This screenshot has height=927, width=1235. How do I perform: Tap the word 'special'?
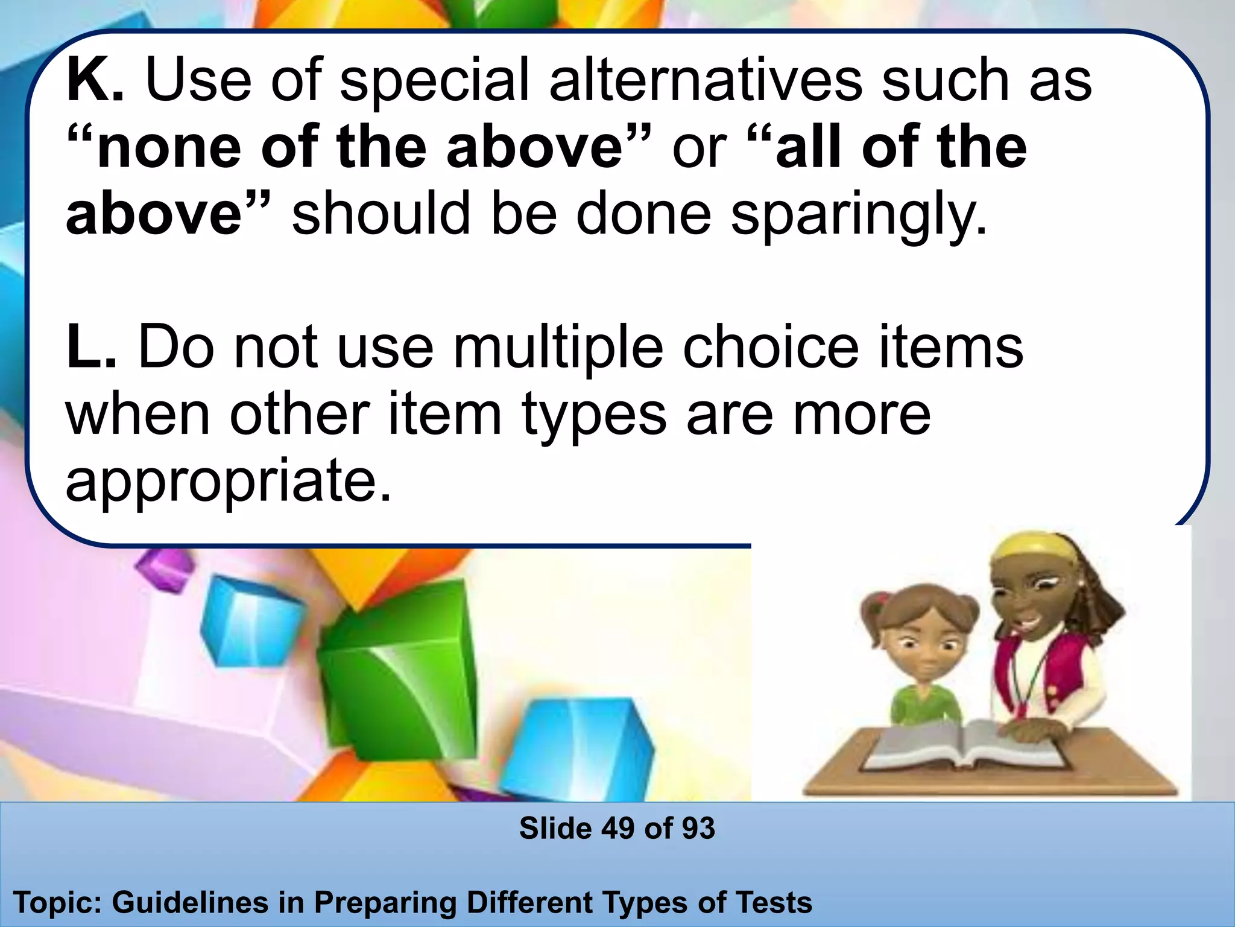pyautogui.click(x=434, y=81)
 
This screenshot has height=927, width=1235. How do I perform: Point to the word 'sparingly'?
pyautogui.click(x=859, y=215)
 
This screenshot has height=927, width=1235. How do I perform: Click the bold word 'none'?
pyautogui.click(x=169, y=148)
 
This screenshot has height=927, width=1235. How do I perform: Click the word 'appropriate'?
pyautogui.click(x=229, y=482)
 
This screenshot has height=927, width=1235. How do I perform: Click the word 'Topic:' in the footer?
pyautogui.click(x=58, y=903)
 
